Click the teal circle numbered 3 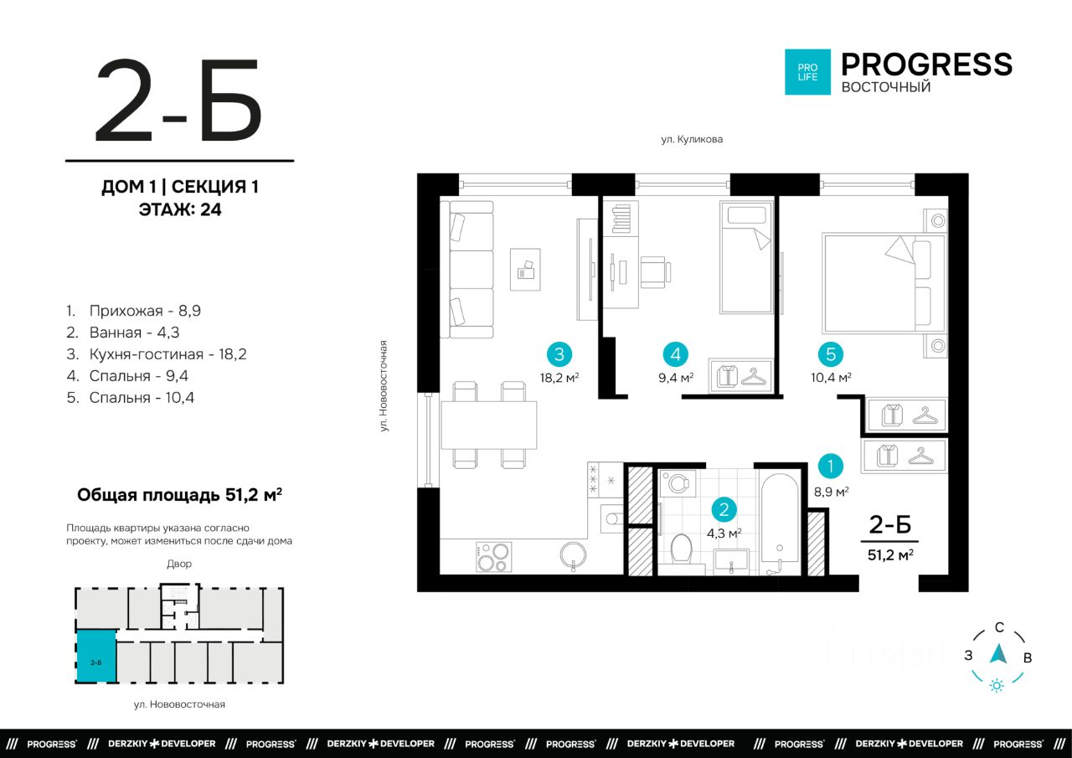[x=559, y=354]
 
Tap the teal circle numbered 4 [x=675, y=354]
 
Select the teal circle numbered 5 [x=830, y=354]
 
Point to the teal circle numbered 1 [x=830, y=466]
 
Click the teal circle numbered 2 [x=724, y=509]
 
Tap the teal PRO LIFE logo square [x=807, y=72]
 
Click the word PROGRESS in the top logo [x=926, y=64]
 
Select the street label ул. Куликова [x=692, y=139]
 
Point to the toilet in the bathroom [x=681, y=549]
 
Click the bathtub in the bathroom [x=779, y=523]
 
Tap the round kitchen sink [x=573, y=554]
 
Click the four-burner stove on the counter [x=493, y=557]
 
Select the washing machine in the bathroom [x=678, y=483]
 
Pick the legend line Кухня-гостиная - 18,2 [x=157, y=354]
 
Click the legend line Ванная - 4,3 [x=123, y=333]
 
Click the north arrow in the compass [x=998, y=654]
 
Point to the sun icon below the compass [x=997, y=686]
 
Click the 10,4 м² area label [x=831, y=378]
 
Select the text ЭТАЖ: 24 [x=180, y=209]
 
